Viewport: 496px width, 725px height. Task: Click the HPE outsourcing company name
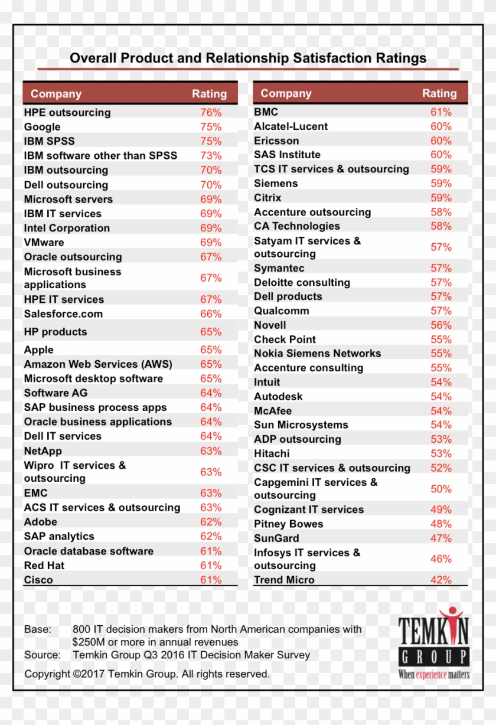point(67,112)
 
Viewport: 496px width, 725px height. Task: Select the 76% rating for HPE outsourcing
point(211,112)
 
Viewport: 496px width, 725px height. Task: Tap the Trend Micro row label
point(284,580)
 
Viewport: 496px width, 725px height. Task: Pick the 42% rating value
point(440,580)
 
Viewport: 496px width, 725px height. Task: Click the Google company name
point(42,127)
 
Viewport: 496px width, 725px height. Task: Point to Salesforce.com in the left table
point(63,313)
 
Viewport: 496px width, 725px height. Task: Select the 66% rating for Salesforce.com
point(211,313)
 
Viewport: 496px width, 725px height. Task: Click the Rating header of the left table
point(209,93)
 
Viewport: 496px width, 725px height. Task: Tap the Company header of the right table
point(286,93)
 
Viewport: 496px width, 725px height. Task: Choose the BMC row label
point(266,112)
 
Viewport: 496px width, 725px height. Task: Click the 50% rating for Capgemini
point(440,489)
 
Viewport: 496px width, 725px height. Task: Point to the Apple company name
point(38,350)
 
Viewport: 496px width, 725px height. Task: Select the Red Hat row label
point(44,565)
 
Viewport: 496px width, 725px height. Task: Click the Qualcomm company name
point(281,311)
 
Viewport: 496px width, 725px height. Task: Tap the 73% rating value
point(211,155)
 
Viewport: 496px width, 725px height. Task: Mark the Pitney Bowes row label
point(288,524)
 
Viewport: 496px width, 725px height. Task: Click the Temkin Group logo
point(433,644)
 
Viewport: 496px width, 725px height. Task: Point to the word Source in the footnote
point(42,655)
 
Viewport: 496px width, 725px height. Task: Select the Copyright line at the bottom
point(147,674)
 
